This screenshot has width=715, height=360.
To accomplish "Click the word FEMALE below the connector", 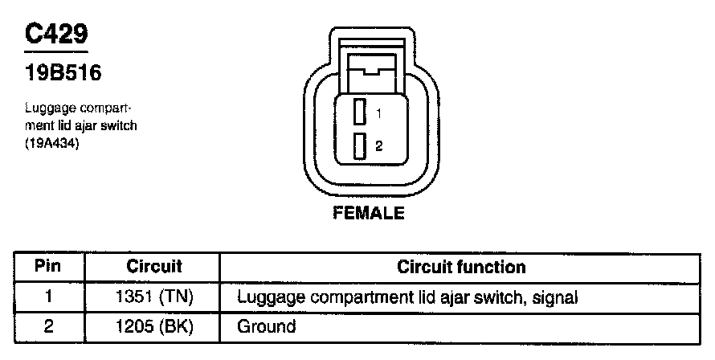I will tap(370, 214).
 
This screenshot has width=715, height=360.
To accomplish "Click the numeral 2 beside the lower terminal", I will tap(378, 146).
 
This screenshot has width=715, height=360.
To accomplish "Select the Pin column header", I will tap(49, 267).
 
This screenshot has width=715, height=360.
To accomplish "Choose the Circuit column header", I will tap(154, 267).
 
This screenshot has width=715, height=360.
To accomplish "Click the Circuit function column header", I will tap(461, 267).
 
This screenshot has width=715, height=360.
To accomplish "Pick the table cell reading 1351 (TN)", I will tap(154, 297).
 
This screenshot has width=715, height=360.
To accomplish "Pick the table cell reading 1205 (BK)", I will tap(154, 327).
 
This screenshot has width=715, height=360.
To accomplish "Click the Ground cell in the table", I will tap(267, 327).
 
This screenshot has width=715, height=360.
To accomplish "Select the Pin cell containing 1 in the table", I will tap(49, 297).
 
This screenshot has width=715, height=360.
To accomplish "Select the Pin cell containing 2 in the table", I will tap(49, 327).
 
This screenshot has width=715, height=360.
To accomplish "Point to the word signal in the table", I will tap(555, 298).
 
